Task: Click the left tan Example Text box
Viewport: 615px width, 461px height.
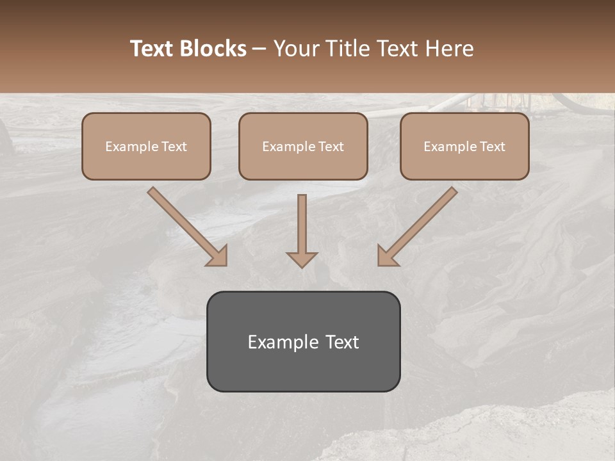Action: pos(146,146)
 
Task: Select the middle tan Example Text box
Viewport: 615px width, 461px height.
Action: pos(303,146)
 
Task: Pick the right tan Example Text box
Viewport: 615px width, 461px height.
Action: pos(464,146)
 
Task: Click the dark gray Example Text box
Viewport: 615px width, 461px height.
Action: pos(303,341)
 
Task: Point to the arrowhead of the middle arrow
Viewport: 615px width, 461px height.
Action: pos(302,259)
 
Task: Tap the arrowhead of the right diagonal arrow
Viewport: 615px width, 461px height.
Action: pos(387,256)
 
